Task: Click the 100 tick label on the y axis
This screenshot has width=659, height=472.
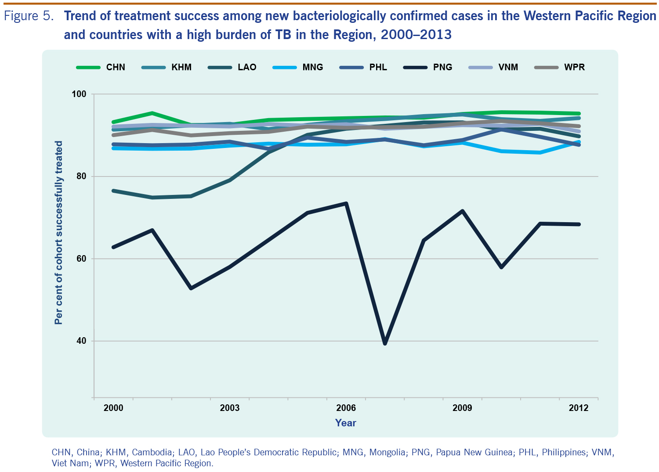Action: point(80,94)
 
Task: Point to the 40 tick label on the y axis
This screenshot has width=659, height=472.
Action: point(82,341)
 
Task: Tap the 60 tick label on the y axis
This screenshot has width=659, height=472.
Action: point(82,259)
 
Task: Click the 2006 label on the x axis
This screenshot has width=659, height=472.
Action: point(346,408)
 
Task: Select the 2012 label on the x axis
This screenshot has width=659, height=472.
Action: point(579,408)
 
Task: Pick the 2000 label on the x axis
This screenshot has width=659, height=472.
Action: point(113,408)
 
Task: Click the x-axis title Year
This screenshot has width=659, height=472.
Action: point(345,423)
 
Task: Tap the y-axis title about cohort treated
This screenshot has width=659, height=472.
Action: point(58,233)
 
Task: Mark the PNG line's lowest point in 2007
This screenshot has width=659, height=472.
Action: point(385,343)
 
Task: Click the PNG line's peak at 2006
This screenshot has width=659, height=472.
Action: point(346,203)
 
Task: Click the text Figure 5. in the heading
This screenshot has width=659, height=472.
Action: point(29,16)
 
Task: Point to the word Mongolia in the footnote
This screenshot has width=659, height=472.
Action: point(387,452)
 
